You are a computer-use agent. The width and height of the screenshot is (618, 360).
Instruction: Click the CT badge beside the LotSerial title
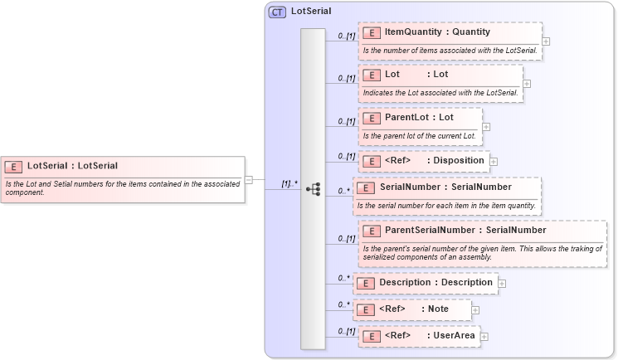277,12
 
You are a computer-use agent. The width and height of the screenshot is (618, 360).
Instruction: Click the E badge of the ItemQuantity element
373,32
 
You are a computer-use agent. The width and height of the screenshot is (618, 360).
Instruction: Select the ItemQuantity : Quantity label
437,32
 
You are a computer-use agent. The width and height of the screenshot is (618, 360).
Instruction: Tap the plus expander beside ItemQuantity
545,40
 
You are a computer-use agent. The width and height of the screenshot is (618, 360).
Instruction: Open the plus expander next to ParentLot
486,127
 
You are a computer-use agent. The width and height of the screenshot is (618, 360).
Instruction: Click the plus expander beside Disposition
494,161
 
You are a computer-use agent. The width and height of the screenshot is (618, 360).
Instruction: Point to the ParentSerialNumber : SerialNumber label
465,230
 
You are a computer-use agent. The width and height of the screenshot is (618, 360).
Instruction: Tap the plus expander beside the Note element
476,310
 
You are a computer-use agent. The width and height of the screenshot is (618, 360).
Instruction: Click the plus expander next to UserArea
484,336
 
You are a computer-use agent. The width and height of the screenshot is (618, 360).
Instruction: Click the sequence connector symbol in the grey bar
314,189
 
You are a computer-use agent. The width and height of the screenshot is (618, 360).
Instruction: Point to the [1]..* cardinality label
289,182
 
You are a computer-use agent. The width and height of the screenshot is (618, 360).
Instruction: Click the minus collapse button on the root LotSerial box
248,178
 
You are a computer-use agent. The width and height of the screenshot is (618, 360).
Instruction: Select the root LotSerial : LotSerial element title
73,166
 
